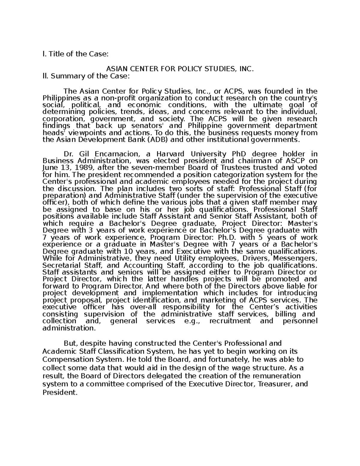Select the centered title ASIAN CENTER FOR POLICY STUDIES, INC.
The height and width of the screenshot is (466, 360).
[x=180, y=69]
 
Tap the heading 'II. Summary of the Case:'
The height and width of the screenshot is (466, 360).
[x=86, y=76]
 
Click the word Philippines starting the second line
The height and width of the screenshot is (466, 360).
[x=57, y=98]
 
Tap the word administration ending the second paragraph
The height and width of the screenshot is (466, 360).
[x=69, y=328]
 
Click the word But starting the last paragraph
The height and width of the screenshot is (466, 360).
[x=70, y=343]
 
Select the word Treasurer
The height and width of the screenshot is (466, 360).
[x=275, y=384]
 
